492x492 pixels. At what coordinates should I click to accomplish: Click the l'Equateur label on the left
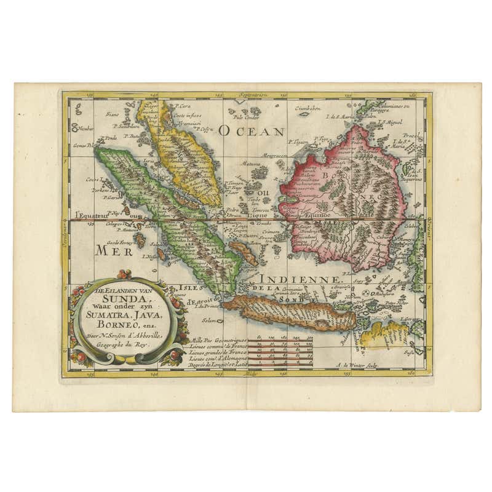(90, 215)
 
